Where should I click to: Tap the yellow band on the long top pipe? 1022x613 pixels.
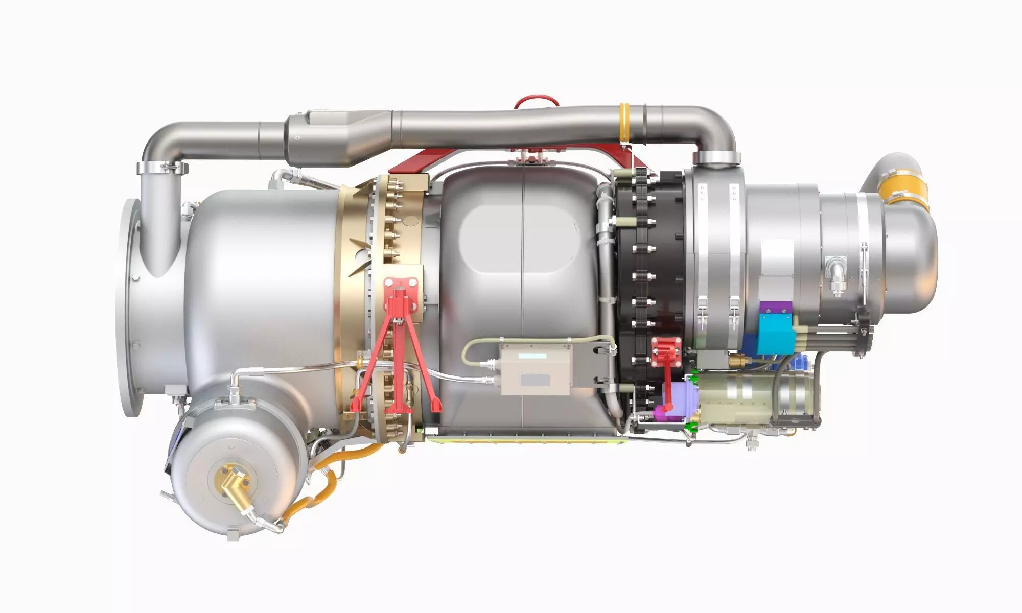pyautogui.click(x=625, y=123)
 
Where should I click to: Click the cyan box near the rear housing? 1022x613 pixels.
pyautogui.click(x=774, y=333)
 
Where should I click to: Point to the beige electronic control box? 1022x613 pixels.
pyautogui.click(x=535, y=369)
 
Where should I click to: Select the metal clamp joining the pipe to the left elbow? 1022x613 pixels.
pyautogui.click(x=162, y=167)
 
